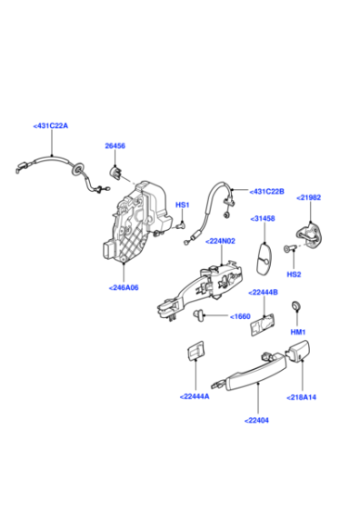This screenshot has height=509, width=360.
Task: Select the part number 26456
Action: [x=115, y=145]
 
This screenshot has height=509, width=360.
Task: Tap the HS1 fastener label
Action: [x=182, y=205]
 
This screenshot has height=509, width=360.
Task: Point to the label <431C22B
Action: [x=266, y=192]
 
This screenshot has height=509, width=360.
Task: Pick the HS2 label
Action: [x=294, y=273]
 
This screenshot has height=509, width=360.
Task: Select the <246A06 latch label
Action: [x=124, y=287]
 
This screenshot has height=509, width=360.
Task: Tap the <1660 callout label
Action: [x=239, y=316]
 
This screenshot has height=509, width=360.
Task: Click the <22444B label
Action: [x=264, y=292]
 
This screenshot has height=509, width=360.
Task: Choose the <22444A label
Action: [x=194, y=395]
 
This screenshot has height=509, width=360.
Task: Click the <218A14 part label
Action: [x=302, y=397]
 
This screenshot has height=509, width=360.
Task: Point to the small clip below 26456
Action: [x=116, y=172]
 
